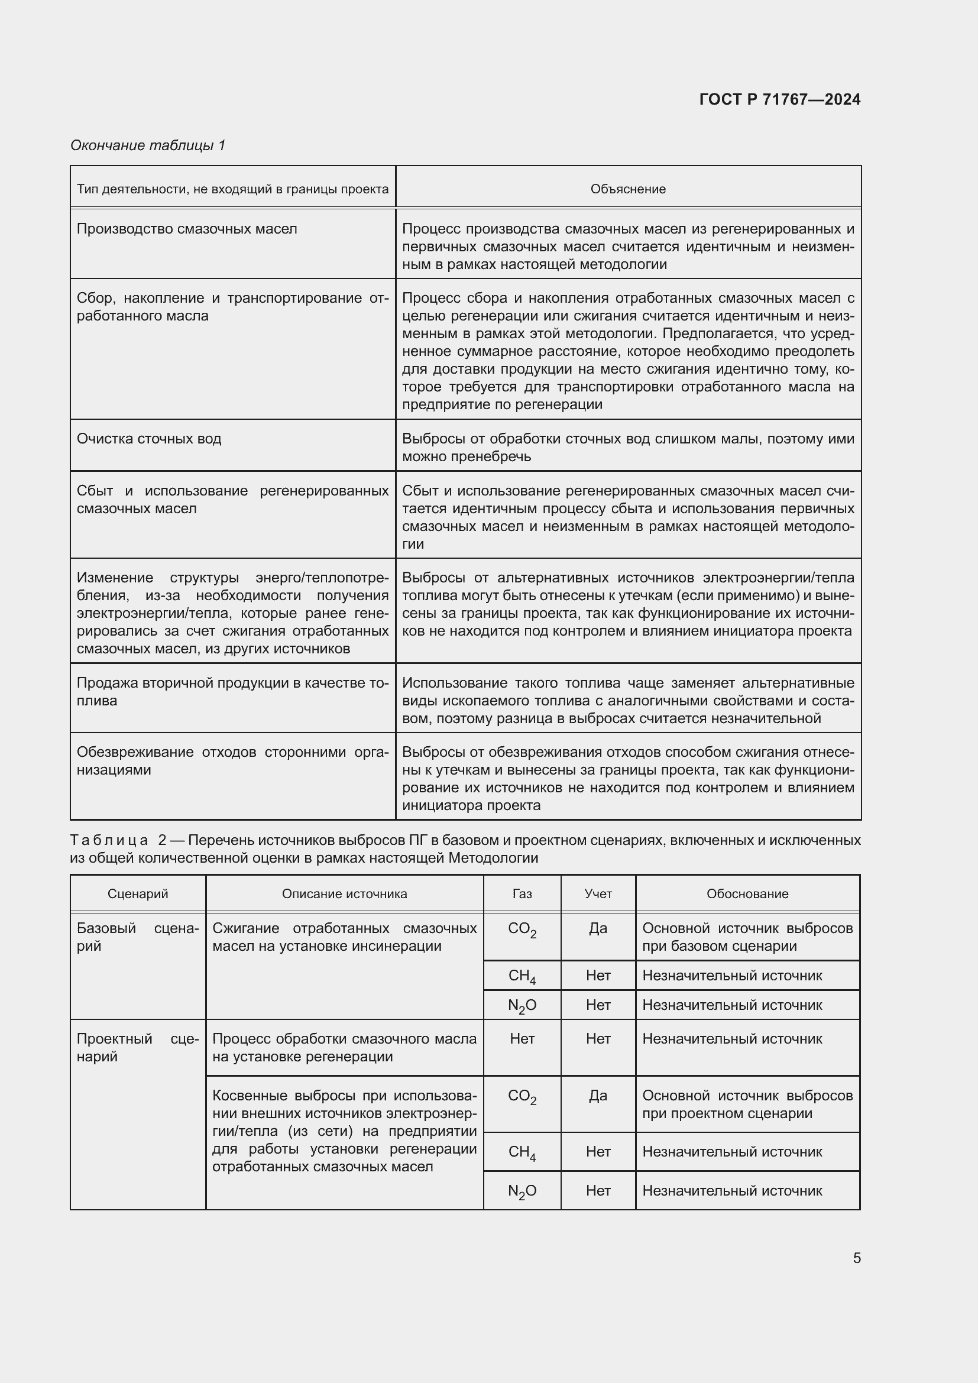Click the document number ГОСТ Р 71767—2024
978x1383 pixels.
tap(779, 99)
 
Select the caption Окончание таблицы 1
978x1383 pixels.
tap(148, 145)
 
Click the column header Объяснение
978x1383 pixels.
tap(627, 189)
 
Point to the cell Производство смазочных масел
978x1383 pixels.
tap(187, 229)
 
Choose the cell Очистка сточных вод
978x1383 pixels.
tap(149, 439)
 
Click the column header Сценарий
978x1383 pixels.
tap(137, 894)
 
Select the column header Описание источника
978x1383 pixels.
tap(344, 894)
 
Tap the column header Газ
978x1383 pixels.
tap(522, 894)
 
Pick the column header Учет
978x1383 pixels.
tap(598, 894)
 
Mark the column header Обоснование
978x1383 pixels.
tap(747, 894)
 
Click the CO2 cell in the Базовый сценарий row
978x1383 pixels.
tap(522, 929)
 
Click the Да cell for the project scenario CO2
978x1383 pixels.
tap(598, 1096)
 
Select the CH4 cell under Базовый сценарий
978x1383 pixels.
tap(522, 976)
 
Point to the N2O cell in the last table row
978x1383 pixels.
tap(522, 1191)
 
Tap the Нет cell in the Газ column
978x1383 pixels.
tap(522, 1039)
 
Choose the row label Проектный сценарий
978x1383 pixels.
tap(137, 1048)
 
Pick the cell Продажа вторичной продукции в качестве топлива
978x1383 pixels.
tap(232, 692)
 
